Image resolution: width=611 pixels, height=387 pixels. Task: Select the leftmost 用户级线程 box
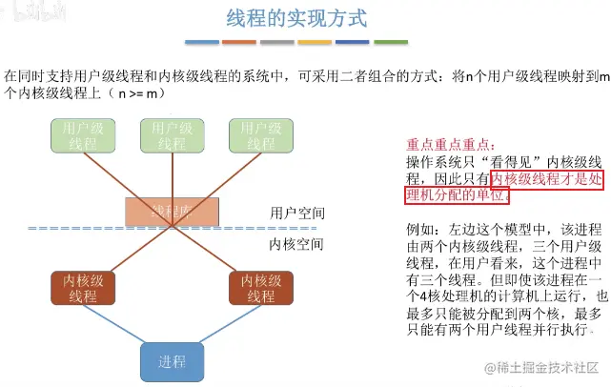82,135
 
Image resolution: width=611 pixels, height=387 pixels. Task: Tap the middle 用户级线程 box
172,135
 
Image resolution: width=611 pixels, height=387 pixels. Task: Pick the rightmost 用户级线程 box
260,135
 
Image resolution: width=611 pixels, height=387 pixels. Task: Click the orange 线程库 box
173,211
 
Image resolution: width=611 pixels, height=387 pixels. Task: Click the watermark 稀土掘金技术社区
548,367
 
